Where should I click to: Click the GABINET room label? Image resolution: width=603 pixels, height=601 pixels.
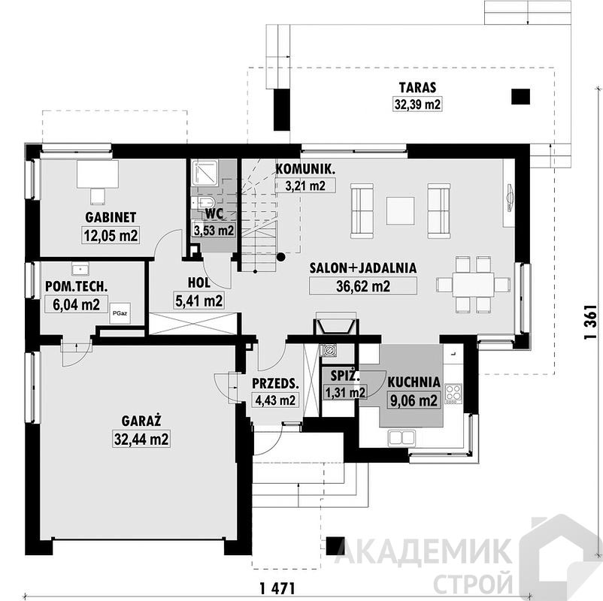(111, 218)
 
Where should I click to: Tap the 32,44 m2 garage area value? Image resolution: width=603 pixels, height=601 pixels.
(141, 439)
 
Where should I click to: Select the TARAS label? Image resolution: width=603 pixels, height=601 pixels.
(417, 88)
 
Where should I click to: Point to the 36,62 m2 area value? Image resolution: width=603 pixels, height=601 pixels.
(363, 286)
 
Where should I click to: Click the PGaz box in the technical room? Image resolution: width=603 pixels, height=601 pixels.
(120, 313)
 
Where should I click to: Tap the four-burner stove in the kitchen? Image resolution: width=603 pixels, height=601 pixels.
(453, 394)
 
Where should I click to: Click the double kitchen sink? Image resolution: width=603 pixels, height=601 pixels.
(401, 438)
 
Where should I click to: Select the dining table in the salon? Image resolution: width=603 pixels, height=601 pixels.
(473, 285)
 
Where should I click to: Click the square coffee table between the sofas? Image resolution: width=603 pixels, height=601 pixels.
(400, 210)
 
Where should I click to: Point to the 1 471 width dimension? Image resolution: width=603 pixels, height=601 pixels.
(277, 588)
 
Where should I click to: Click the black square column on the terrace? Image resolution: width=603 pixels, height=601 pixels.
(521, 97)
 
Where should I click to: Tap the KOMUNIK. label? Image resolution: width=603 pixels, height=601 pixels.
(306, 169)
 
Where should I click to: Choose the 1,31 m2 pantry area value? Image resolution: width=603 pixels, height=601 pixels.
(345, 392)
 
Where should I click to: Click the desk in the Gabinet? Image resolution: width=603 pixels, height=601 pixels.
(98, 174)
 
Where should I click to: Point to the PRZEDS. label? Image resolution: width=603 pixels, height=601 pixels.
(275, 383)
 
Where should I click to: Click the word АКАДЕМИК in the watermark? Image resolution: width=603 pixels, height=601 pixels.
(423, 551)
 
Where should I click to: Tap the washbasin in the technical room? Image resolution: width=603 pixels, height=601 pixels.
(80, 269)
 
